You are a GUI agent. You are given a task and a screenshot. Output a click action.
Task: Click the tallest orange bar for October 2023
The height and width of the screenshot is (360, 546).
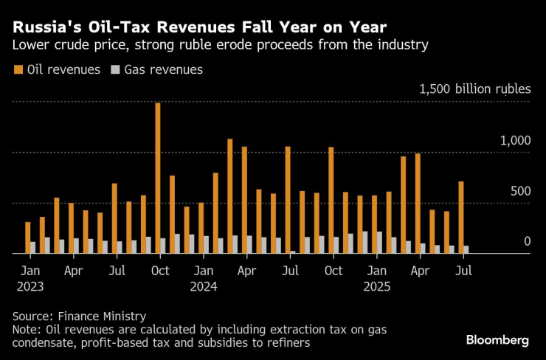point(158,178)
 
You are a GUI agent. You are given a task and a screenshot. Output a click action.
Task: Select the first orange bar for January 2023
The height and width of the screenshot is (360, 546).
point(28,238)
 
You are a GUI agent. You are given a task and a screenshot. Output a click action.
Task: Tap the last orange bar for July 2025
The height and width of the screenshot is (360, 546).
point(461,217)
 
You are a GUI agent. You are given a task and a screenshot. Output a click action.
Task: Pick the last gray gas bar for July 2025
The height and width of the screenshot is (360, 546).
point(466,249)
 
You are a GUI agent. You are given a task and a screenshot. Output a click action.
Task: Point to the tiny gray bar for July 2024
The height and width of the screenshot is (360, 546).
point(292,252)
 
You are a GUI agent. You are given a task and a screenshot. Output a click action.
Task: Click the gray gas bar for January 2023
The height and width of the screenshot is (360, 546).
point(33,247)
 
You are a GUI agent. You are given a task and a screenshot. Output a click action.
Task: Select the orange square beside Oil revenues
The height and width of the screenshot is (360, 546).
point(18,70)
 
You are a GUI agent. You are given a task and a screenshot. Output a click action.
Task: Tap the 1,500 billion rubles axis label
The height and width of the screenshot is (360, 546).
point(474,89)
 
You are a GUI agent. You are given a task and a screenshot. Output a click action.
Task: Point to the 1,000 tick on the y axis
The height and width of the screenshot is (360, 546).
point(516,140)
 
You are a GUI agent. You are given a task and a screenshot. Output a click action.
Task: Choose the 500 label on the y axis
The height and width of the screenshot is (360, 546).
point(520,191)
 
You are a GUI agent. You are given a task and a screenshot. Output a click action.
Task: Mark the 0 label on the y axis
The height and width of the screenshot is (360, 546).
point(527,241)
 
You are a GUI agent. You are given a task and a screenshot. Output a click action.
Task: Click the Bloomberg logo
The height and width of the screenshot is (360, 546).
point(497,340)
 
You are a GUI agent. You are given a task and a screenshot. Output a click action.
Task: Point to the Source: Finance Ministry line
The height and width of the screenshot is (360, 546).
point(80,316)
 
